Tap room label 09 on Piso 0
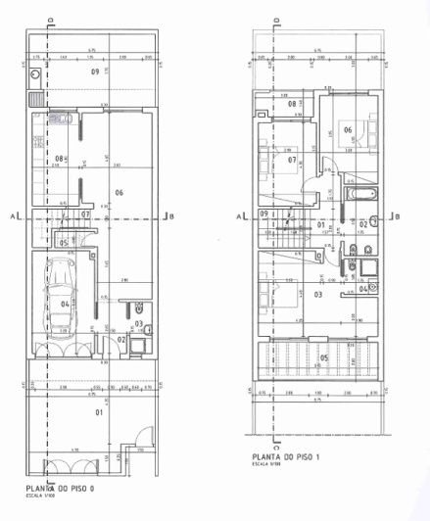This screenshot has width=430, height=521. [95, 71]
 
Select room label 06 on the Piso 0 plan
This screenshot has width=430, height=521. [119, 192]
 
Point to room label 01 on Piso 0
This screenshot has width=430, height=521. [98, 412]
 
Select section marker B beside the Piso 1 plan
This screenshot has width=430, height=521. [396, 216]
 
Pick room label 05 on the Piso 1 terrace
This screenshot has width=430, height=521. [324, 358]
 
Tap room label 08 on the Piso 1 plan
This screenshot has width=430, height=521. [292, 104]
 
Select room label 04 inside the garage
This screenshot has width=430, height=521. [65, 305]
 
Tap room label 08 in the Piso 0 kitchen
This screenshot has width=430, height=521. [59, 159]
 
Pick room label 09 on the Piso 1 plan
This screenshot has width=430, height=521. [264, 214]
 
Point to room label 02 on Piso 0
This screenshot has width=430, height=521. [122, 340]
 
